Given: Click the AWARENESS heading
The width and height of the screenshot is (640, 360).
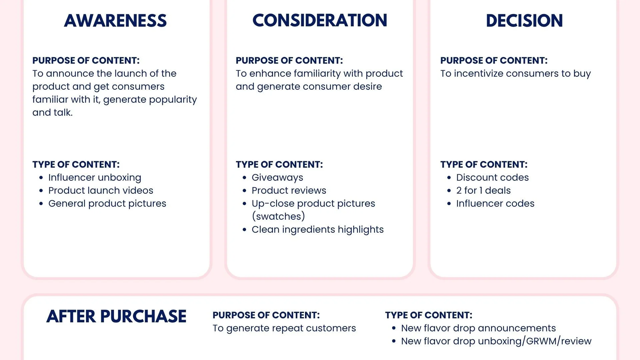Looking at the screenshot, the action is (115, 21).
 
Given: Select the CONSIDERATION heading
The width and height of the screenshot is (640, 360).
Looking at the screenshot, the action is (320, 20).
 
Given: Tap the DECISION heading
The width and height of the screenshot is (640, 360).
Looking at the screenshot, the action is (524, 21).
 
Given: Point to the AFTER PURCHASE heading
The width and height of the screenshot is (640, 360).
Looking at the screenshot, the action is (116, 316).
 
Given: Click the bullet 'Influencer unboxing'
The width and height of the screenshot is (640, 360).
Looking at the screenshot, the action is (95, 178).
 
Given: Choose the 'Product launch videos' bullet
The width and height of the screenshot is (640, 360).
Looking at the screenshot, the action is (101, 190).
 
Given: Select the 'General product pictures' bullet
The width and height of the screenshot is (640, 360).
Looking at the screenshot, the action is (107, 204).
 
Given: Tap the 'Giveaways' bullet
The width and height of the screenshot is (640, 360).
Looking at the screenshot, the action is (277, 178).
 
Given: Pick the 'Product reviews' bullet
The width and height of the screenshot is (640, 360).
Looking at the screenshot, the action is (289, 190).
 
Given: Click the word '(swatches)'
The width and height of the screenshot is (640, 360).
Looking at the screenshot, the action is (278, 216).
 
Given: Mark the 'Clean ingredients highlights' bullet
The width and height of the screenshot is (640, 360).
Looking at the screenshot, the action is (318, 230).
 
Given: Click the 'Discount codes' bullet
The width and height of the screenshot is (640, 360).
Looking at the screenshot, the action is (492, 177).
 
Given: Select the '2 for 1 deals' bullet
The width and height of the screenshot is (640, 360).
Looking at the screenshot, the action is (483, 190).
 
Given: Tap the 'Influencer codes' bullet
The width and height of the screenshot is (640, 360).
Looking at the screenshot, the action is (495, 203).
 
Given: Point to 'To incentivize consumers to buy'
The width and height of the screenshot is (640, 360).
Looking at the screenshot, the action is (515, 74).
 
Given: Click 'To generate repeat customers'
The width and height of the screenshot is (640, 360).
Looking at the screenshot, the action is (284, 328).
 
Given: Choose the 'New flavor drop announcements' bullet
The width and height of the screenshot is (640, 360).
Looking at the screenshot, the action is (478, 328).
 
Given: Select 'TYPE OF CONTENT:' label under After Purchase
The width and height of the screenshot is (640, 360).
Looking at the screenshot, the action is (429, 315).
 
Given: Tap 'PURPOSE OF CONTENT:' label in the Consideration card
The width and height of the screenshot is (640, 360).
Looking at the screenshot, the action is (289, 60).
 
